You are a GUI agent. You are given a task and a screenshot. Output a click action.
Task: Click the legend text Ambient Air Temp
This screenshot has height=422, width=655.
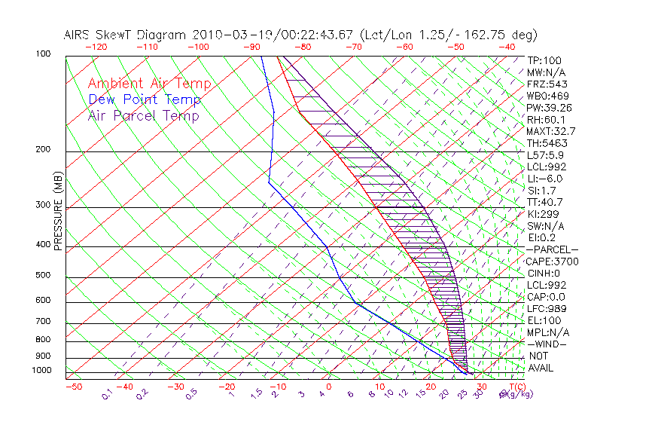click(x=149, y=84)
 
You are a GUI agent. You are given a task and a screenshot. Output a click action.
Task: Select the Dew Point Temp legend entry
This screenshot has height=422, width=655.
click(x=145, y=99)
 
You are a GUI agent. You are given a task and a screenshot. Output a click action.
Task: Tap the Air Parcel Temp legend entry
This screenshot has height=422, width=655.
click(x=143, y=115)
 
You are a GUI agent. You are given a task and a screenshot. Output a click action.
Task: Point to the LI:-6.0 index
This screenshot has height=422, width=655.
click(x=544, y=179)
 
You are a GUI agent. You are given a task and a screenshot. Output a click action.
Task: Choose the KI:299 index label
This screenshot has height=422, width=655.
click(x=544, y=214)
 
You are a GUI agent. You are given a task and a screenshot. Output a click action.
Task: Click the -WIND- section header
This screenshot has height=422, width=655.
click(x=548, y=344)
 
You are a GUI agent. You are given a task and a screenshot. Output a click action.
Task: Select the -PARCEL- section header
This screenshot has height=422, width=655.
click(x=552, y=249)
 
